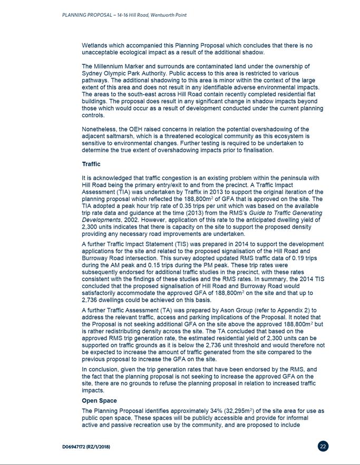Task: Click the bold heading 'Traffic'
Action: [91, 164]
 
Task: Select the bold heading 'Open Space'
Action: [100, 401]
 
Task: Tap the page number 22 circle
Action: [324, 447]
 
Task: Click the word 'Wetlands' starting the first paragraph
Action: [94, 46]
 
